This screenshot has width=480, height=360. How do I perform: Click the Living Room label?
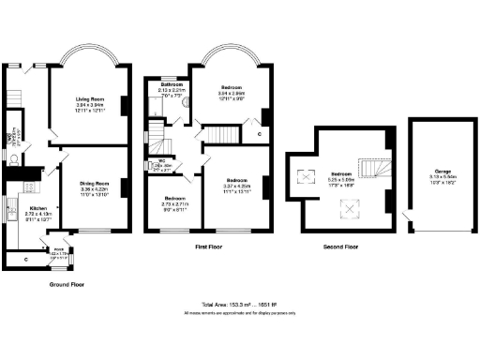click(x=82, y=97)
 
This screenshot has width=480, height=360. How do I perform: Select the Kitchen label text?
click(x=38, y=209)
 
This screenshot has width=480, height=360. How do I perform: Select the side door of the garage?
click(x=407, y=220)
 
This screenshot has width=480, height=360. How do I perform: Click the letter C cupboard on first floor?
click(x=259, y=134)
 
